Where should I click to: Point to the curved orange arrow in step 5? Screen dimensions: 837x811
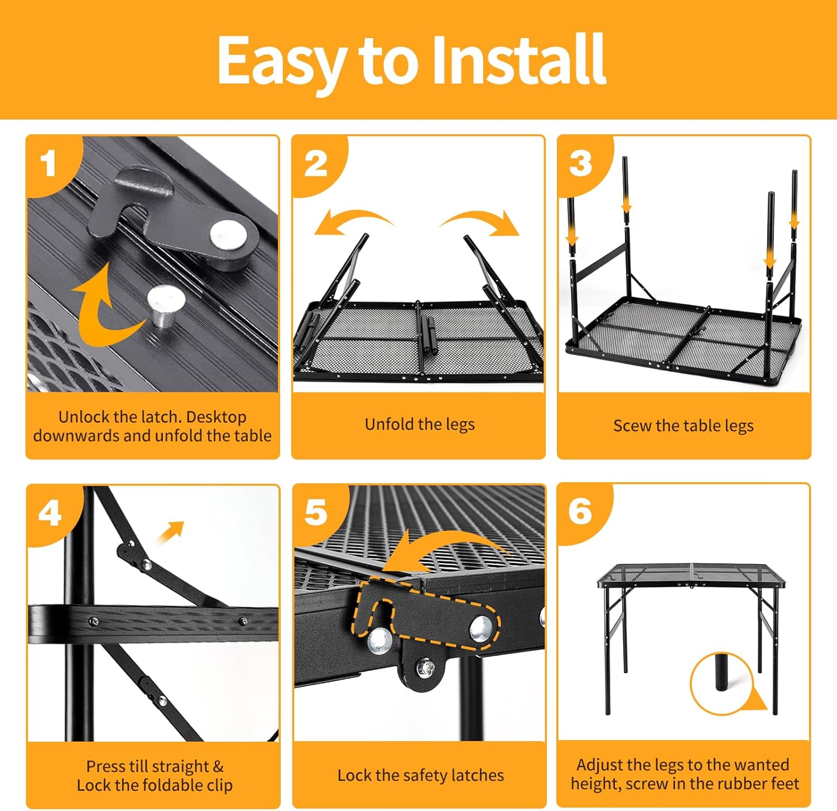[441, 544]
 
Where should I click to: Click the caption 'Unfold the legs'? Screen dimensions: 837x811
[420, 424]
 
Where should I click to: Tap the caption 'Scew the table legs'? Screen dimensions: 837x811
[684, 426]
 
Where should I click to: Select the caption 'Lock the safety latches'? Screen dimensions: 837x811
[421, 775]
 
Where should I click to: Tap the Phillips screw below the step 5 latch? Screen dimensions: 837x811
[426, 666]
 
